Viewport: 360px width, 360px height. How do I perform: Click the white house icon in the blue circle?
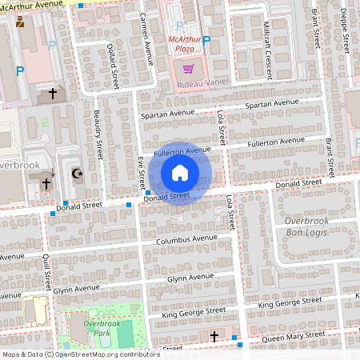(180, 172)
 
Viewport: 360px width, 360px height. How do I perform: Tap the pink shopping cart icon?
(189, 70)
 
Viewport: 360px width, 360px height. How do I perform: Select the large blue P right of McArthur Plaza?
(206, 41)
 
